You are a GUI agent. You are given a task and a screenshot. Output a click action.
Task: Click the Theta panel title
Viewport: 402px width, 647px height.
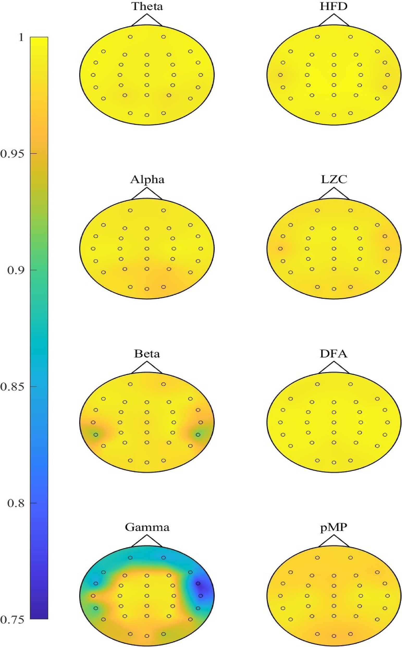(147, 6)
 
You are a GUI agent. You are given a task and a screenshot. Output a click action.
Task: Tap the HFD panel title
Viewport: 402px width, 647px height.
(334, 6)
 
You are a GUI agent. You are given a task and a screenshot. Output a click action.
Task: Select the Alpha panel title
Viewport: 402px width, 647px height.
(147, 180)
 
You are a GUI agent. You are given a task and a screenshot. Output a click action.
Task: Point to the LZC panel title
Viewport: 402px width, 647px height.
(334, 179)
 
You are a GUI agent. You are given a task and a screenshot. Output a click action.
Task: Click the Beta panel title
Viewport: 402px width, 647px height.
(147, 354)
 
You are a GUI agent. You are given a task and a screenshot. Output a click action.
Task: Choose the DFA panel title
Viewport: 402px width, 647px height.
(334, 354)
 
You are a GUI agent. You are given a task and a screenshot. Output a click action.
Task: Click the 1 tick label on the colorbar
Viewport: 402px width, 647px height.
(21, 37)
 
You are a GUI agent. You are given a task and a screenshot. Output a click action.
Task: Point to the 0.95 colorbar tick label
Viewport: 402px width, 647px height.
(12, 154)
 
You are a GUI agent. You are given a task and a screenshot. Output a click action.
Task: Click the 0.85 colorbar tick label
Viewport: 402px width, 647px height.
(12, 387)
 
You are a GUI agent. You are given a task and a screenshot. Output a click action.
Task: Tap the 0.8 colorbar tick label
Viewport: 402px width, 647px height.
(15, 503)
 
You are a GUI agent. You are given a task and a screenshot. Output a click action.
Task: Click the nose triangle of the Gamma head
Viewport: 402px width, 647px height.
(147, 541)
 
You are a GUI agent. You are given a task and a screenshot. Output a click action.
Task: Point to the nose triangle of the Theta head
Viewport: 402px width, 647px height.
(147, 21)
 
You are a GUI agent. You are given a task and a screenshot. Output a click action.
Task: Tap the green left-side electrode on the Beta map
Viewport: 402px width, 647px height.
(96, 435)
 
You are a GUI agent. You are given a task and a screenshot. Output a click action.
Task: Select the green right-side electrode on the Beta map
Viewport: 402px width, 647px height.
(198, 435)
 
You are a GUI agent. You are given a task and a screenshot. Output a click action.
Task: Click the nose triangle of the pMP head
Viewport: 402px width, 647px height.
(334, 541)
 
